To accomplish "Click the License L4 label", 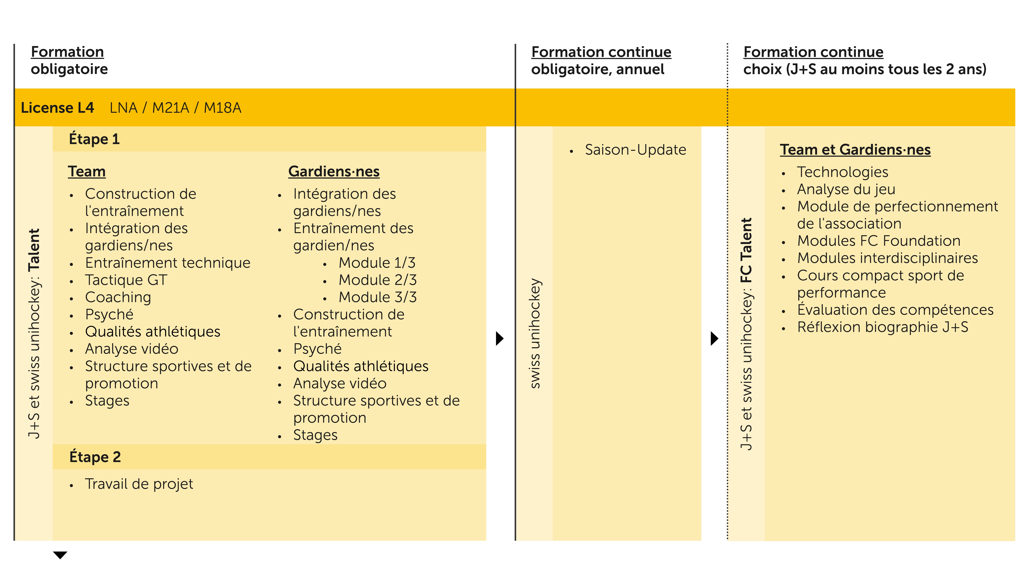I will coord(57,108).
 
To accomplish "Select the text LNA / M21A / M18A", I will coord(175,108).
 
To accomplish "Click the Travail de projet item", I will coord(139,484).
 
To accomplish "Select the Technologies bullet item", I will coord(842,172).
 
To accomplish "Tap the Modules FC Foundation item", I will coord(878,241).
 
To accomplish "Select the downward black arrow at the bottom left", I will coord(60,555).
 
